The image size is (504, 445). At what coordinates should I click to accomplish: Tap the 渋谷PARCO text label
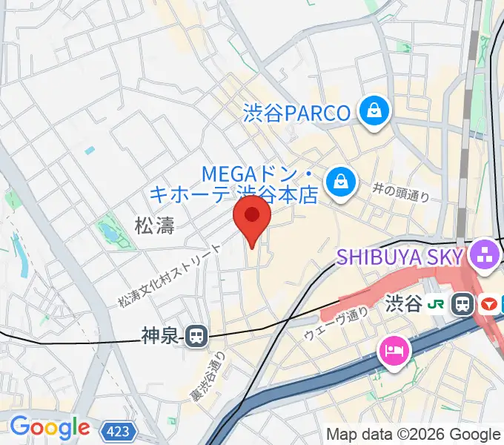pyautogui.click(x=296, y=113)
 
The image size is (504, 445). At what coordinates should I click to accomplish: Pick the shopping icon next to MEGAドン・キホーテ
pyautogui.click(x=341, y=180)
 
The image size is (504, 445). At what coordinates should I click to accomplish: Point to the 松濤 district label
pyautogui.click(x=155, y=225)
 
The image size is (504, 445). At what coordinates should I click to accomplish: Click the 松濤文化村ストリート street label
pyautogui.click(x=170, y=277)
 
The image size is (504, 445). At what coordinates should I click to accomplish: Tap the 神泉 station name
pyautogui.click(x=159, y=337)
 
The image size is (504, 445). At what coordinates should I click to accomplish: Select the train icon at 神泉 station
pyautogui.click(x=196, y=336)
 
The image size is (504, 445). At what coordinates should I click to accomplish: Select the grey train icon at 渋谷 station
pyautogui.click(x=465, y=303)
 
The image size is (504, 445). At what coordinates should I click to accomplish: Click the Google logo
pyautogui.click(x=49, y=427)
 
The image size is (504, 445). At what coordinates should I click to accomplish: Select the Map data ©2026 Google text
pyautogui.click(x=414, y=434)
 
